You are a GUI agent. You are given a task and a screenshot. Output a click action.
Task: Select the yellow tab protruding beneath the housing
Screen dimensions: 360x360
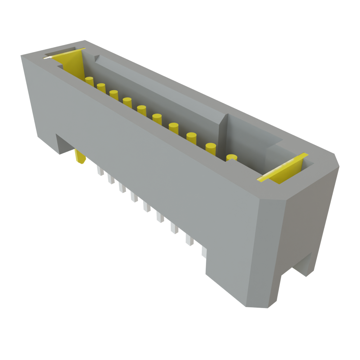tap(80, 157)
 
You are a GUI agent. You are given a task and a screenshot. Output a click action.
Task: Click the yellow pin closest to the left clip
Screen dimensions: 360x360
tap(89, 81)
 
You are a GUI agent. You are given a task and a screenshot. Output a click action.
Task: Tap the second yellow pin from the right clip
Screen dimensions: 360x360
tap(211, 148)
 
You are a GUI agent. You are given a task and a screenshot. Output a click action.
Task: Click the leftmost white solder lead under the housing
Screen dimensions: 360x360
tap(100, 171)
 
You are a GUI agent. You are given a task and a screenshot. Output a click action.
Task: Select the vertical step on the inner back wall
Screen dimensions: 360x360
tap(222, 137)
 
